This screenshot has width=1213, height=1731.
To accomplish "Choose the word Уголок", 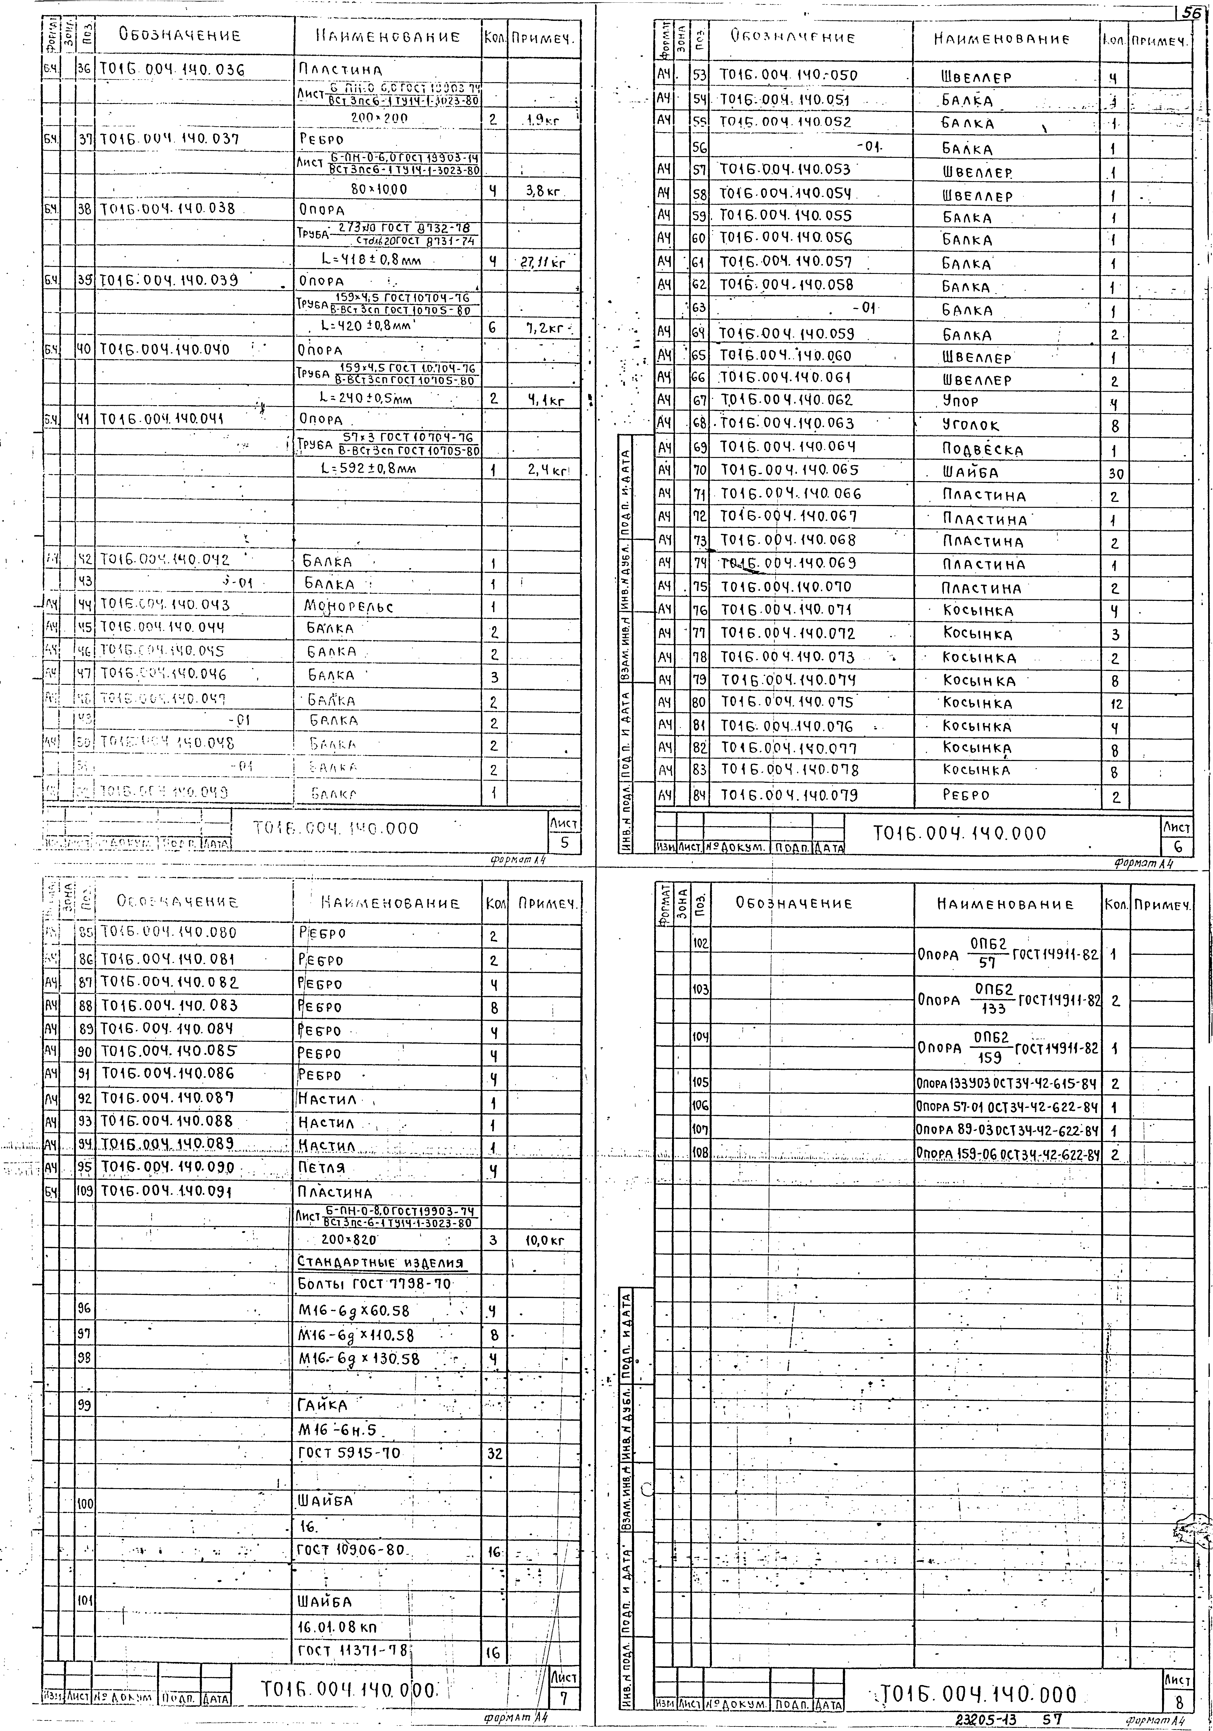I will (970, 425).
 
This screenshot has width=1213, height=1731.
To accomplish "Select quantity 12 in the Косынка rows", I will (1116, 704).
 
